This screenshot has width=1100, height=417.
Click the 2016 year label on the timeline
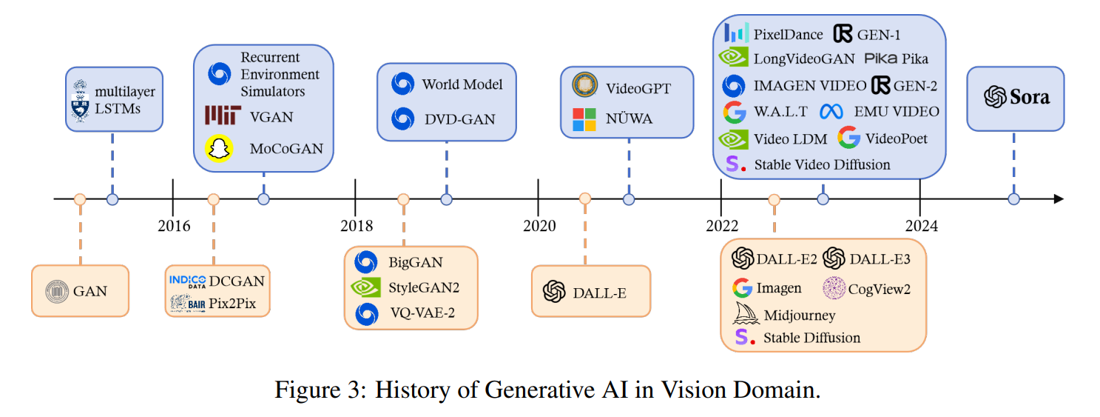pyautogui.click(x=174, y=225)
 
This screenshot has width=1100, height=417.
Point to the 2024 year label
pyautogui.click(x=922, y=225)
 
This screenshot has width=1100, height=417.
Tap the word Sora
pyautogui.click(x=1030, y=97)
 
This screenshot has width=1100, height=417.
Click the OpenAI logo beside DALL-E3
pyautogui.click(x=834, y=258)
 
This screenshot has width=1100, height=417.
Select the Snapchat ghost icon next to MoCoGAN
pyautogui.click(x=218, y=148)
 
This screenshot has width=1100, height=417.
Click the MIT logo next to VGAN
pyautogui.click(x=223, y=116)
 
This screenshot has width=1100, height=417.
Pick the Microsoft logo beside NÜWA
pyautogui.click(x=584, y=119)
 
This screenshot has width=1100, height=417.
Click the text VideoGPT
pyautogui.click(x=638, y=88)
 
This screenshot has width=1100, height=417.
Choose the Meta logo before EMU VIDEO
pyautogui.click(x=831, y=112)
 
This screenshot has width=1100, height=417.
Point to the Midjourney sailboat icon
pyautogui.click(x=746, y=314)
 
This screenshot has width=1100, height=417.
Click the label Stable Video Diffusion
pyautogui.click(x=822, y=164)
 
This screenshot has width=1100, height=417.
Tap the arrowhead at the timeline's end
pyautogui.click(x=1059, y=199)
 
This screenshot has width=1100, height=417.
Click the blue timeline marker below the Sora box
pyautogui.click(x=1013, y=199)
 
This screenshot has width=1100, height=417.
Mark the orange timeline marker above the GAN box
pyautogui.click(x=80, y=199)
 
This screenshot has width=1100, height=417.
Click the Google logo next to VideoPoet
pyautogui.click(x=848, y=138)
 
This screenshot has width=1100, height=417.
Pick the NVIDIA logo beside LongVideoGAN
pyautogui.click(x=734, y=59)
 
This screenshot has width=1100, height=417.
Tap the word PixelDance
pyautogui.click(x=788, y=33)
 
